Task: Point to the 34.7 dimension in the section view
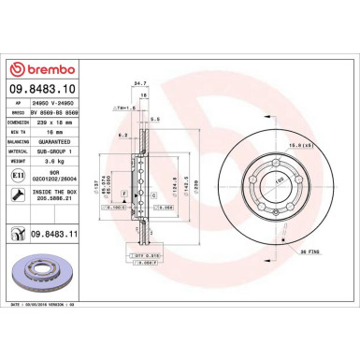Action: click(x=141, y=83)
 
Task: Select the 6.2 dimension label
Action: click(x=122, y=137)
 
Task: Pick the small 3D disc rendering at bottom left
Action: click(x=45, y=276)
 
